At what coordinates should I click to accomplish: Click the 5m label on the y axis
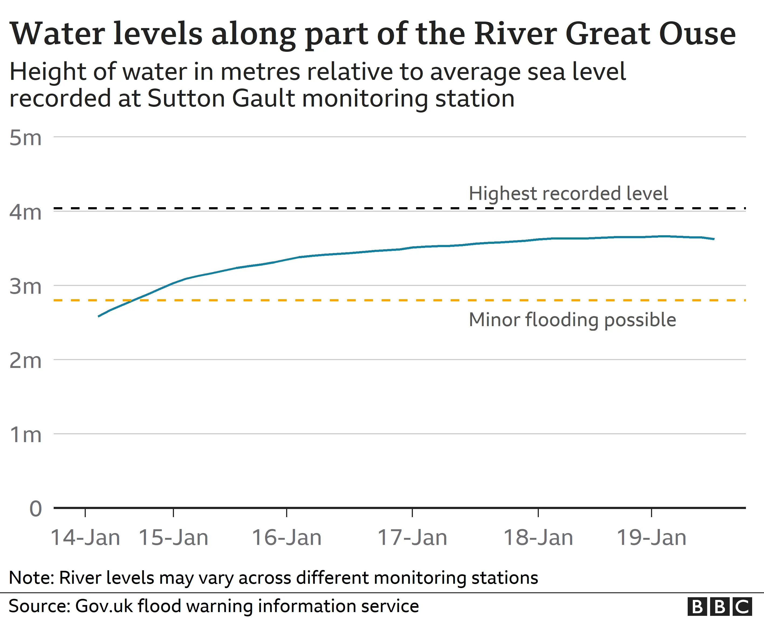point(25,138)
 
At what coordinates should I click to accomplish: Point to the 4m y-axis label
point(25,213)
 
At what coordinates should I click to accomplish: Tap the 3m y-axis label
point(25,286)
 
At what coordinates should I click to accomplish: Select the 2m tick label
point(25,361)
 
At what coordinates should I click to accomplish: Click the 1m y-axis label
point(25,435)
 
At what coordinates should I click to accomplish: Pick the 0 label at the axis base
point(36,509)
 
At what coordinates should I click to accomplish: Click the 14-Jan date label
point(85,538)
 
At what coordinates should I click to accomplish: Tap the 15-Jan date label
point(173,538)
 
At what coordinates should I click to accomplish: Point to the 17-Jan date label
point(412,538)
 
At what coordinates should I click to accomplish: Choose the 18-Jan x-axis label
point(538,538)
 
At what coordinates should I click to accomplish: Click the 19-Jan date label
point(652,538)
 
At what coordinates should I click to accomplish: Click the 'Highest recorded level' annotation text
point(568,194)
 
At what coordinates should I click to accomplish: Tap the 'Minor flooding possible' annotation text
point(572,320)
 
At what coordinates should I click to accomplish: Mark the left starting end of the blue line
point(99,316)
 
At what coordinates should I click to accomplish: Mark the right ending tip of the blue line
point(714,239)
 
